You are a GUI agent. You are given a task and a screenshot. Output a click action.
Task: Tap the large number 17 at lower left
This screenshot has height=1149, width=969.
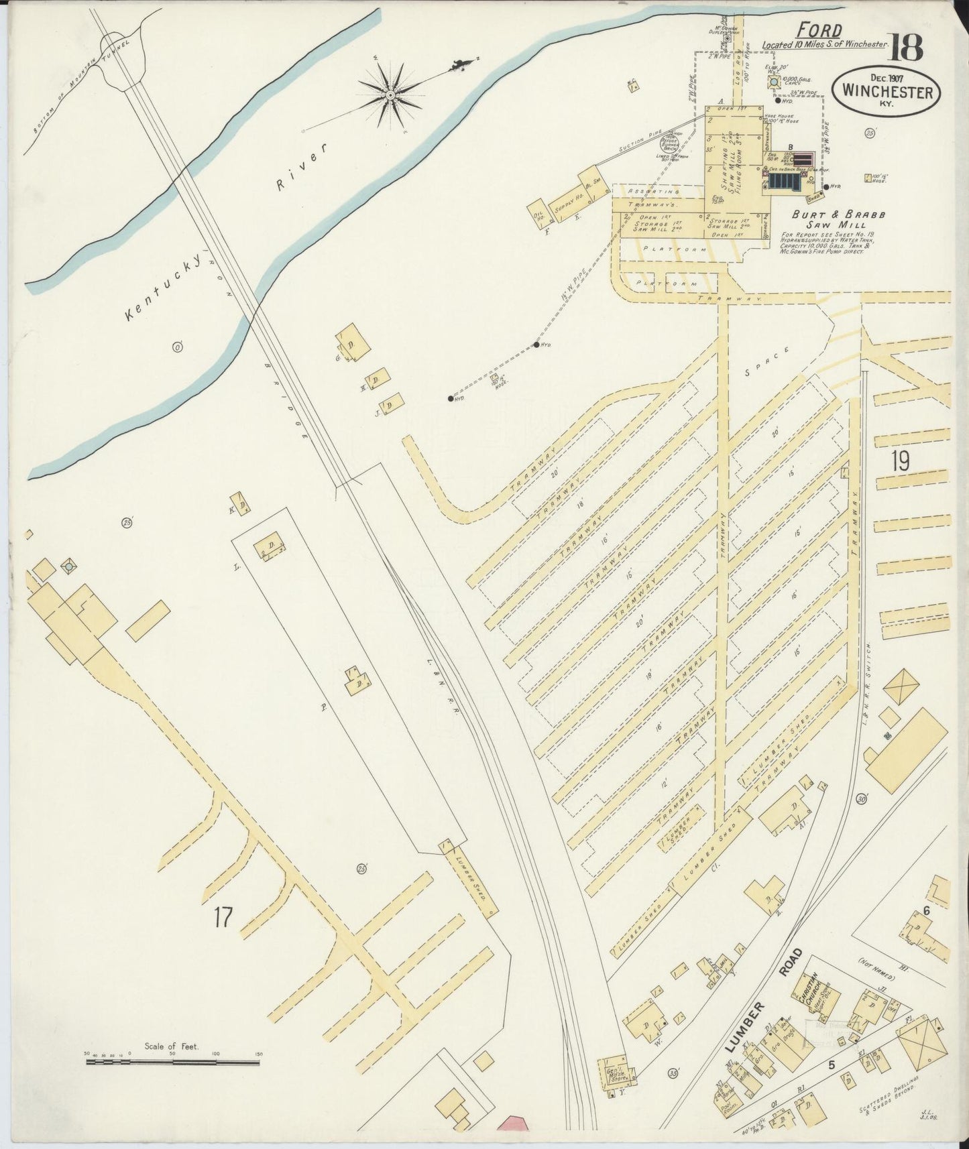[223, 918]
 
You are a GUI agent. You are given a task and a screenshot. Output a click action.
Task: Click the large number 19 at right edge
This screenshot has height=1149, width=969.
[900, 462]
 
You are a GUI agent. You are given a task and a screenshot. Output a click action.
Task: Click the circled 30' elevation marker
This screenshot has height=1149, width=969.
[862, 799]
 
